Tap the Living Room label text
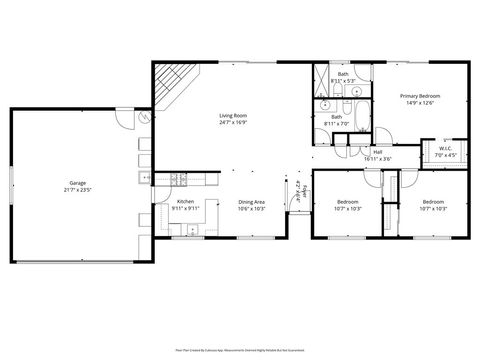click(232, 117)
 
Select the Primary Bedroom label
click(420, 95)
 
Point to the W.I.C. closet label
click(444, 149)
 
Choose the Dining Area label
click(251, 202)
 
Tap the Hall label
click(378, 152)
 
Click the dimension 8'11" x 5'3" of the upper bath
click(343, 80)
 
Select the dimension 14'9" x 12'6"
click(420, 102)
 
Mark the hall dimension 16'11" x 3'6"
click(378, 158)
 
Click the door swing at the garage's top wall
click(124, 117)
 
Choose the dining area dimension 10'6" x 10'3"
click(251, 208)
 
